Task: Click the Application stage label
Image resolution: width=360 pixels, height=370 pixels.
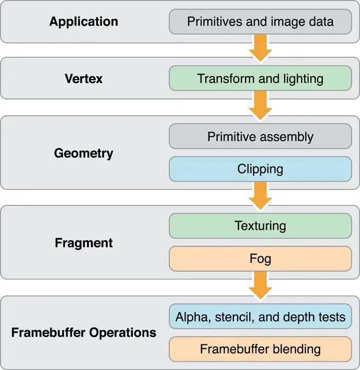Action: (x=83, y=22)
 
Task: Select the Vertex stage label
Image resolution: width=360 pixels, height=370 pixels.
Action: (x=83, y=79)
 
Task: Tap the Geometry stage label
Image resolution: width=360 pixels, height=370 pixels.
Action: (x=83, y=153)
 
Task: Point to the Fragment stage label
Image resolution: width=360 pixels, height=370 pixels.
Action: (x=83, y=243)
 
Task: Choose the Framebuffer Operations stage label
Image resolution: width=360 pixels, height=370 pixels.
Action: (x=83, y=333)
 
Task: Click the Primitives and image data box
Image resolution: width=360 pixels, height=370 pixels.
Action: (x=260, y=22)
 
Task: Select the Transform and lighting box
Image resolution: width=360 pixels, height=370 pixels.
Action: (x=260, y=79)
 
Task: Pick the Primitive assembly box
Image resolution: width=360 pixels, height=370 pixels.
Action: (x=260, y=136)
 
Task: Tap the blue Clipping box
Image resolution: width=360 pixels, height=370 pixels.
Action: (x=260, y=169)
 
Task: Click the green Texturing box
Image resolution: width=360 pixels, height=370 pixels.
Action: (x=260, y=226)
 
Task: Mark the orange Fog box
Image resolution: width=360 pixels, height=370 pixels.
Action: (x=260, y=259)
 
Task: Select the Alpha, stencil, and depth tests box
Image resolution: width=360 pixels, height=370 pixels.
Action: (x=260, y=317)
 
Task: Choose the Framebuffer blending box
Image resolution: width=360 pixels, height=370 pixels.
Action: (x=260, y=349)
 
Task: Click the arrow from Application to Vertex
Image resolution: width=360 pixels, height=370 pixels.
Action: (x=260, y=48)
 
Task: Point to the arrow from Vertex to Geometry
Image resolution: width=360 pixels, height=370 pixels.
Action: (x=260, y=105)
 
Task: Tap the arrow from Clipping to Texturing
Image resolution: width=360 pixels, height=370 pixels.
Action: (x=260, y=196)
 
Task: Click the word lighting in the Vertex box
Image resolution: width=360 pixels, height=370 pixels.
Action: (x=303, y=79)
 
